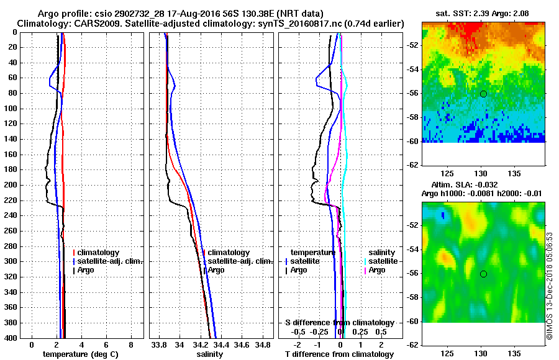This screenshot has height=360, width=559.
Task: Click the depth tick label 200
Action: [11, 185]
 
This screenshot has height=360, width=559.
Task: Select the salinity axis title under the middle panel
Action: [211, 354]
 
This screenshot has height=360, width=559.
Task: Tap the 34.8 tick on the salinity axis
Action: [263, 344]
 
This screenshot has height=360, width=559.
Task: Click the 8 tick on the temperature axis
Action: [131, 344]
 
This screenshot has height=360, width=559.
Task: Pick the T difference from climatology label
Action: [340, 354]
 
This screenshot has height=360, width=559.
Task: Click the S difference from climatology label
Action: [340, 323]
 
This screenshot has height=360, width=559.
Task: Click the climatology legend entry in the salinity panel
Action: [229, 253]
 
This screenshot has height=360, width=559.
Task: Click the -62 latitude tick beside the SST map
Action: [412, 164]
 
